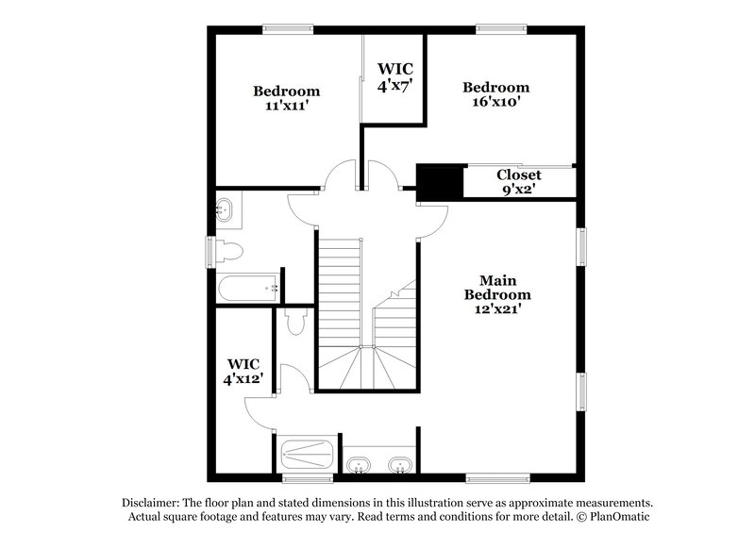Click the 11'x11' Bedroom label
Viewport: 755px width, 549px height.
[286, 99]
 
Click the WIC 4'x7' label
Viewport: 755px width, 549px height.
[394, 76]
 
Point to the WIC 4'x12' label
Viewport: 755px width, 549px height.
[243, 371]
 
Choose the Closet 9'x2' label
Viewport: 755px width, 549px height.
[518, 182]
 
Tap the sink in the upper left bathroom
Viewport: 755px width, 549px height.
[226, 210]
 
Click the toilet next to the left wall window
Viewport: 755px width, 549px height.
[230, 252]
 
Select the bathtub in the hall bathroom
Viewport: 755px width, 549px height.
[246, 289]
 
